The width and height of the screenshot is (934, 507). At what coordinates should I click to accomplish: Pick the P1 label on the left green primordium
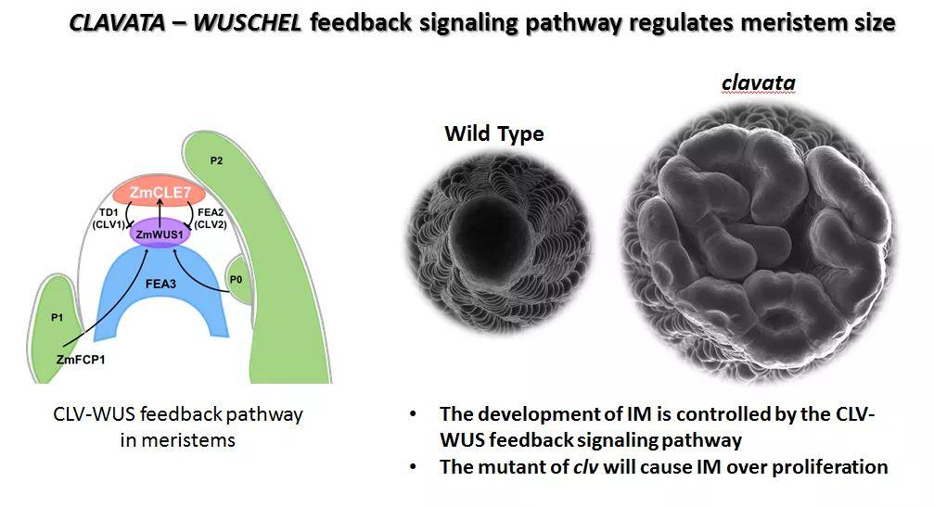(58, 317)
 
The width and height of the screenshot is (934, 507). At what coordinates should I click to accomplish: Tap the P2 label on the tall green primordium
(216, 160)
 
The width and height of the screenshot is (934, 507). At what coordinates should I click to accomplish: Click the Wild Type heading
(493, 133)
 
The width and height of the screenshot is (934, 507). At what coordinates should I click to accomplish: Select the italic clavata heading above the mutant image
(758, 83)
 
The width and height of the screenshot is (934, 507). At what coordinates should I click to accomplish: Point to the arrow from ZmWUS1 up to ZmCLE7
(165, 214)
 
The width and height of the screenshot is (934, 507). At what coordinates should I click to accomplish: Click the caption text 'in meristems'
(178, 440)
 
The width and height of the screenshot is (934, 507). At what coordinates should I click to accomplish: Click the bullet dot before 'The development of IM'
(413, 414)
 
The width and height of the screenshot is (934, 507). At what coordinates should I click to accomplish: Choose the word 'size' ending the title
(875, 22)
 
